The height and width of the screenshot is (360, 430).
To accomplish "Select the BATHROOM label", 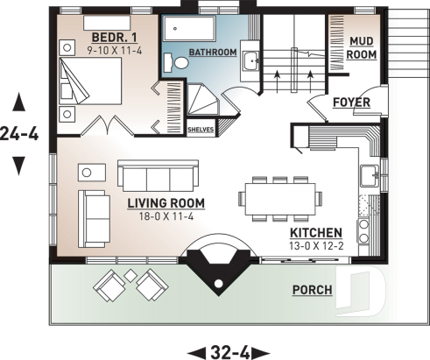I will point(213,53).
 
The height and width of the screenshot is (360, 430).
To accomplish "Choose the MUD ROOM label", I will point(363,47).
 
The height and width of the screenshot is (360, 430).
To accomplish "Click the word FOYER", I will point(352,102).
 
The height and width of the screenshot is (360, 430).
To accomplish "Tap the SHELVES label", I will point(201,129).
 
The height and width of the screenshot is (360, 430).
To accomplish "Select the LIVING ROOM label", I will point(166,203).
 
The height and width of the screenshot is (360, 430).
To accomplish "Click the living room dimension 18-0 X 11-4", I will point(166,216).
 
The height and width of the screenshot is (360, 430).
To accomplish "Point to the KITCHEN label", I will point(317,233).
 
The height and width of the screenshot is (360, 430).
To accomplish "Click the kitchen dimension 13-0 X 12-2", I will point(317,245).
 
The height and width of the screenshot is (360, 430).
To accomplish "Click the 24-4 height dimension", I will point(18,136).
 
